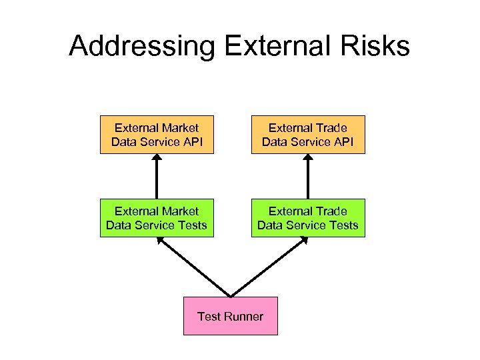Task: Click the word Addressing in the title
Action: pyautogui.click(x=142, y=47)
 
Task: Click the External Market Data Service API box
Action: pyautogui.click(x=157, y=135)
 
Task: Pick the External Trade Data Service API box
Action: pyautogui.click(x=308, y=135)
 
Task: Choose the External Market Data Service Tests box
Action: pyautogui.click(x=157, y=218)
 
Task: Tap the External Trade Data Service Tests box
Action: pyautogui.click(x=308, y=218)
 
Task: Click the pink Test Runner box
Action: pyautogui.click(x=231, y=316)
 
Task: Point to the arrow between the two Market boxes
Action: pyautogui.click(x=157, y=177)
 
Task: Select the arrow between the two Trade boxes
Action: pyautogui.click(x=308, y=177)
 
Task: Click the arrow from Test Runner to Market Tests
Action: pyautogui.click(x=193, y=267)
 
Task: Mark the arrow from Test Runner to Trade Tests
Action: pyautogui.click(x=269, y=267)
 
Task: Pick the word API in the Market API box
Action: pyautogui.click(x=191, y=141)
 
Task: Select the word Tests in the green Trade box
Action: pyautogui.click(x=343, y=225)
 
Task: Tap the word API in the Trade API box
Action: pyautogui.click(x=342, y=141)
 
